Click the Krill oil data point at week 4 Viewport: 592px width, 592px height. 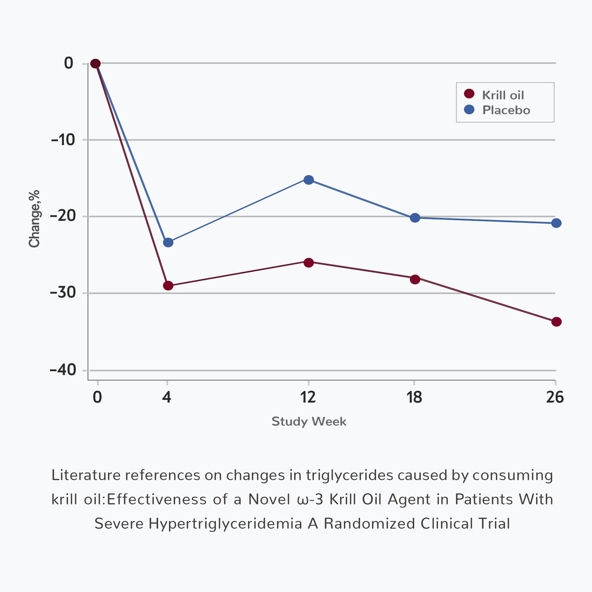(x=168, y=285)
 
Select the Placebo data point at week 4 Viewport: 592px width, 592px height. (x=168, y=242)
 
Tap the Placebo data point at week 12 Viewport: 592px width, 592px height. (x=308, y=180)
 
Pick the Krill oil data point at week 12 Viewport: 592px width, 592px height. (x=308, y=263)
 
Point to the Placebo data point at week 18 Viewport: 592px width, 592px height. (x=415, y=218)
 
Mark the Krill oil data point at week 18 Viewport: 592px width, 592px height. (x=415, y=279)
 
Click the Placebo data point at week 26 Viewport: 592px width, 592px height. (x=556, y=223)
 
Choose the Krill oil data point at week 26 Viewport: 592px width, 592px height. (x=556, y=322)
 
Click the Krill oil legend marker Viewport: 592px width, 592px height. (x=469, y=94)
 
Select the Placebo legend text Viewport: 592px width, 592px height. (x=506, y=110)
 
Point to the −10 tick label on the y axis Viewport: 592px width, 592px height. (x=62, y=140)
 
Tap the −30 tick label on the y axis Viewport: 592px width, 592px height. (x=62, y=293)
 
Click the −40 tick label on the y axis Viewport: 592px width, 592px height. (x=62, y=370)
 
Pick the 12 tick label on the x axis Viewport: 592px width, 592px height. (x=308, y=397)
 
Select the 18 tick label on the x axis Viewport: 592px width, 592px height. (x=414, y=397)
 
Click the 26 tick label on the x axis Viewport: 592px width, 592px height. (x=555, y=397)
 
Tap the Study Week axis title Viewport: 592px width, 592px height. (x=309, y=421)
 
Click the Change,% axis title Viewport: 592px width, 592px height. (x=35, y=219)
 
